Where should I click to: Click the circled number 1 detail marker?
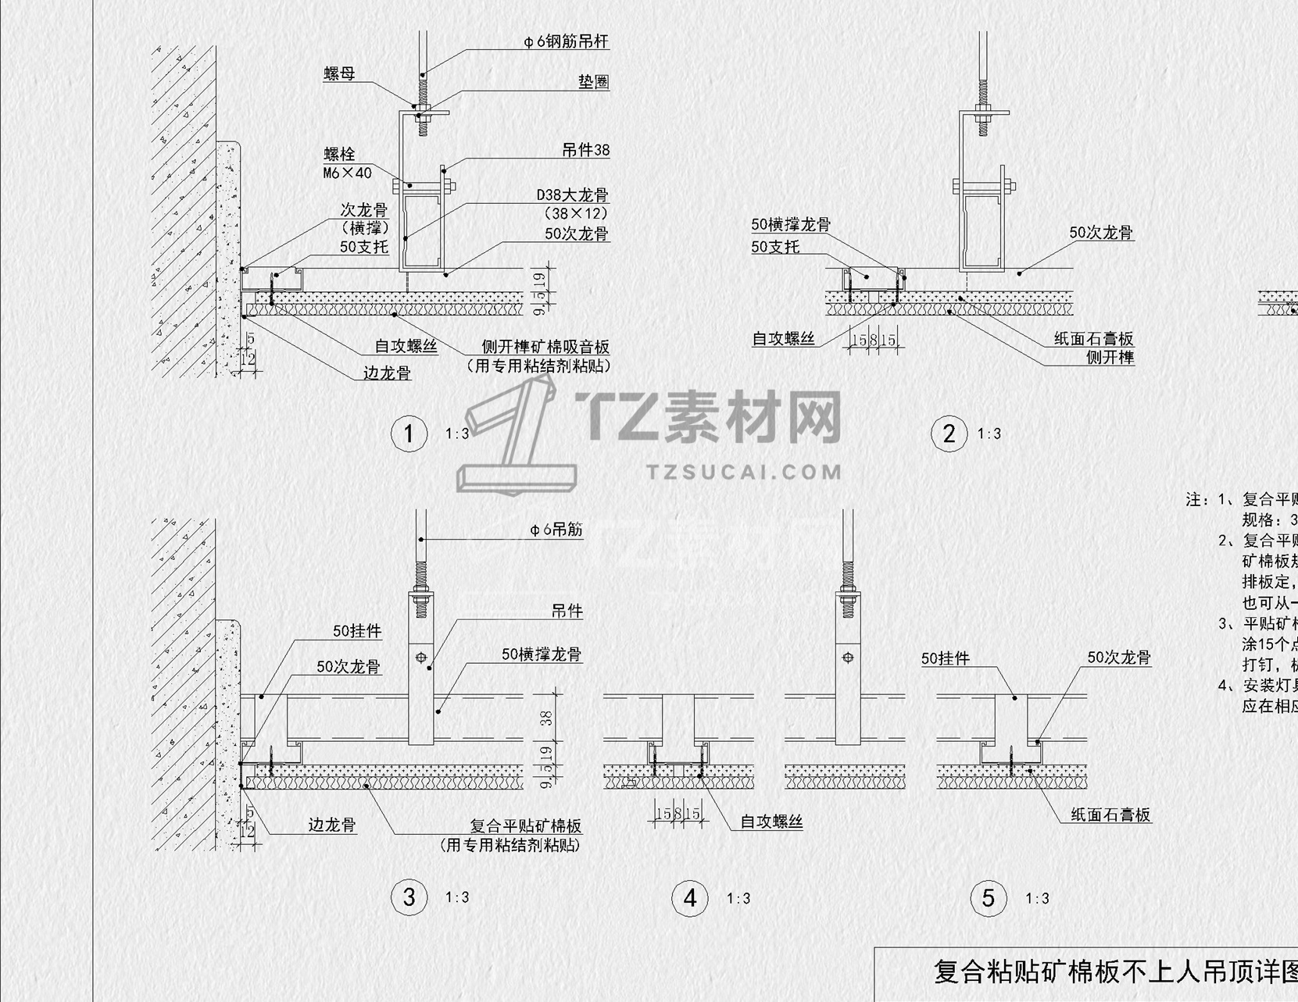pyautogui.click(x=409, y=433)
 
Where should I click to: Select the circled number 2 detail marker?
pyautogui.click(x=949, y=433)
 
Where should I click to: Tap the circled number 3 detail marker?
pyautogui.click(x=409, y=897)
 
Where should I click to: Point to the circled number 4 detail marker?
pyautogui.click(x=689, y=898)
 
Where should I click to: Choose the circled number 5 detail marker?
pyautogui.click(x=989, y=898)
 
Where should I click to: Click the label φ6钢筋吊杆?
pyautogui.click(x=566, y=41)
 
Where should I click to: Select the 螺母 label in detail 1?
pyautogui.click(x=340, y=74)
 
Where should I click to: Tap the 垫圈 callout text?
pyautogui.click(x=593, y=82)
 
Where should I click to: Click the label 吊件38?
pyautogui.click(x=585, y=150)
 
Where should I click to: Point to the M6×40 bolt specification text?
pyautogui.click(x=347, y=173)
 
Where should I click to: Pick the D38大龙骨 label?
pyautogui.click(x=572, y=195)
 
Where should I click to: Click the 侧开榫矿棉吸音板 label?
pyautogui.click(x=545, y=348)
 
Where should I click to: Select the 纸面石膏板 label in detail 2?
pyautogui.click(x=1093, y=339)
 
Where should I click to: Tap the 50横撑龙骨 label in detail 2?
pyautogui.click(x=791, y=225)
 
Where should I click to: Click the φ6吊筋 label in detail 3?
pyautogui.click(x=556, y=530)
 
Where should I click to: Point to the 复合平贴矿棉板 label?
pyautogui.click(x=525, y=826)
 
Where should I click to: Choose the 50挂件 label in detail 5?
pyautogui.click(x=946, y=659)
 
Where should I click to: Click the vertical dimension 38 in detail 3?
pyautogui.click(x=546, y=717)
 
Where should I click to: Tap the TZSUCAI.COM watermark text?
pyautogui.click(x=744, y=472)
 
